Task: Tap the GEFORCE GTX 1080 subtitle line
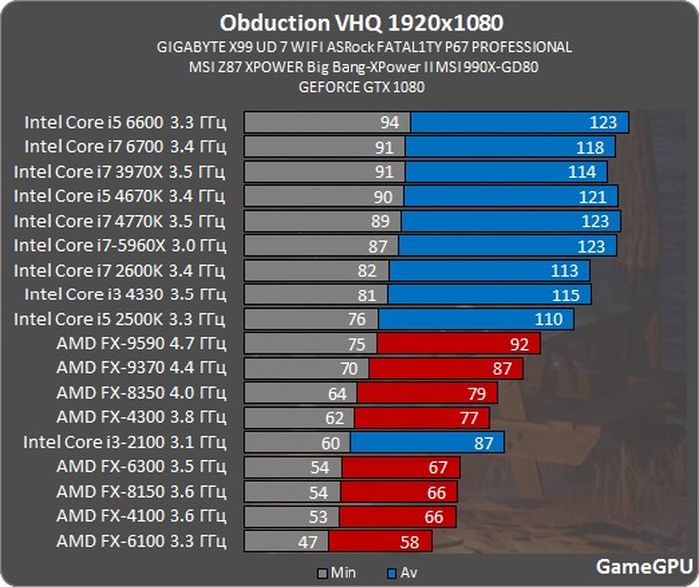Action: tap(361, 87)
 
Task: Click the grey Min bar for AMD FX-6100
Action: tap(280, 542)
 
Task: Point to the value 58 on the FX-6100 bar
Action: tap(410, 542)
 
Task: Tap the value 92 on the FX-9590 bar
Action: tap(518, 344)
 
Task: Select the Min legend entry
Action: tap(336, 573)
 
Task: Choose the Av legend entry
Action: tap(401, 573)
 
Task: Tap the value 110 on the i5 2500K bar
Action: tap(548, 319)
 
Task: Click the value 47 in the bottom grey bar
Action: tap(309, 542)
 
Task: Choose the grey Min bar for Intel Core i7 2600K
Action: tap(310, 271)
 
